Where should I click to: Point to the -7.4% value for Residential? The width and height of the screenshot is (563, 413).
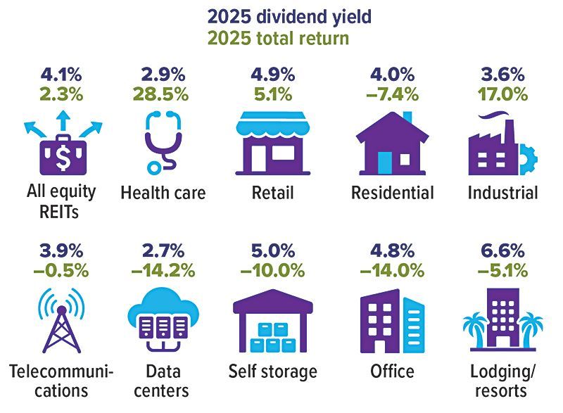pos(392,93)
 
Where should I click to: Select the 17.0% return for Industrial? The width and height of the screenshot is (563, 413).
pos(504,93)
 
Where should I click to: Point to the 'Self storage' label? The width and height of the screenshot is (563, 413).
pos(273,371)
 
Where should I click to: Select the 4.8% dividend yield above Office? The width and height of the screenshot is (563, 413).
pos(392,250)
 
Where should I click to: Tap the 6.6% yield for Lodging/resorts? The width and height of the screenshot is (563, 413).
pos(504,250)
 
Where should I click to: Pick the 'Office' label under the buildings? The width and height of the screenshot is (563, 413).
pos(392,371)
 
